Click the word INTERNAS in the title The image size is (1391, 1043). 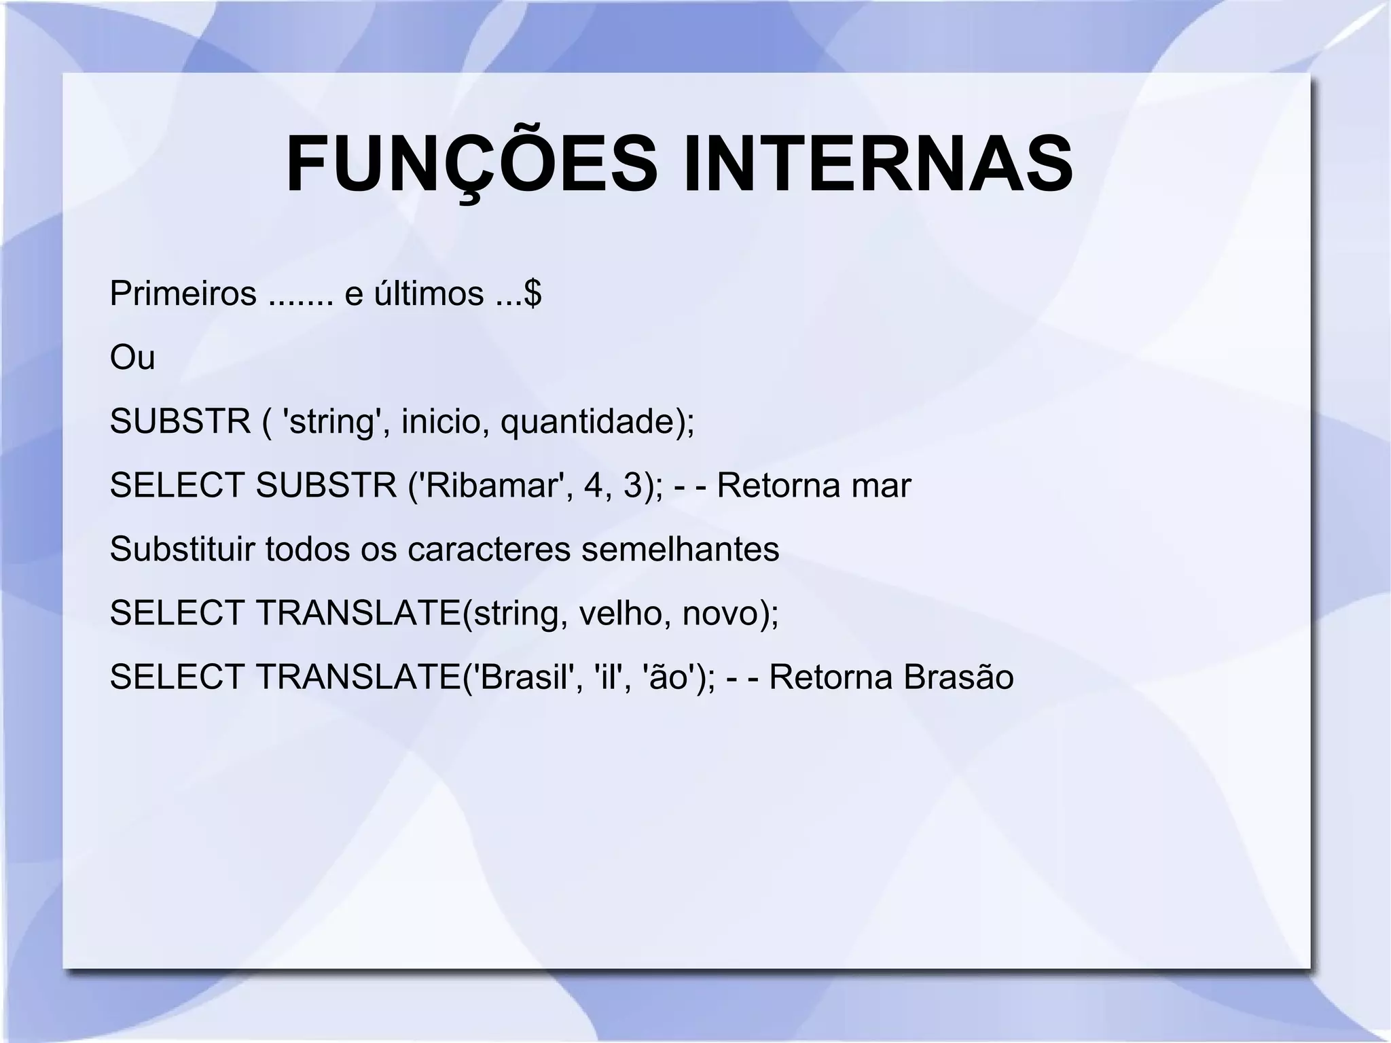point(878,165)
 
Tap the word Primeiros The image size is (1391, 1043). point(183,294)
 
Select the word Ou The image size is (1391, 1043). point(132,357)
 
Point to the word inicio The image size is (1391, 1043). point(441,421)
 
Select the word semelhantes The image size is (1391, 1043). point(680,549)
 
